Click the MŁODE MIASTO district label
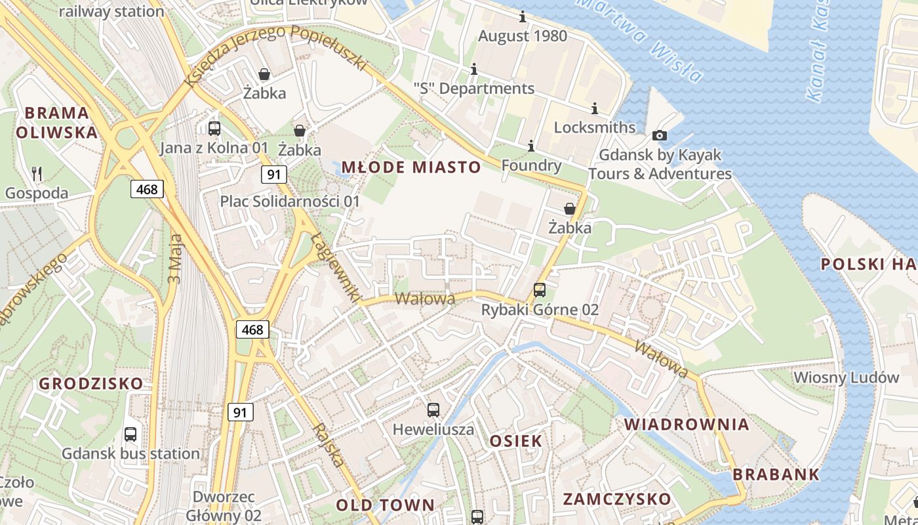(x=411, y=167)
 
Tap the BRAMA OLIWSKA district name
(x=56, y=123)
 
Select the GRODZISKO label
(x=91, y=383)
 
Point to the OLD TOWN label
(x=386, y=505)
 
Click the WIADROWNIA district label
(x=687, y=424)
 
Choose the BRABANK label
(x=776, y=474)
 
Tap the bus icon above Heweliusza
(x=433, y=410)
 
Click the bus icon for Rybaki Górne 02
(x=540, y=289)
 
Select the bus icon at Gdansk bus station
(x=130, y=434)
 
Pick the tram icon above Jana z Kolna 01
(x=214, y=128)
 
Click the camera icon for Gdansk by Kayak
(x=660, y=135)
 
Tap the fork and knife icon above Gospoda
(x=37, y=173)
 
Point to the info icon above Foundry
(x=531, y=145)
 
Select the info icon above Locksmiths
(x=595, y=108)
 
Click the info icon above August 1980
(x=523, y=16)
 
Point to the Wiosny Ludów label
(x=846, y=377)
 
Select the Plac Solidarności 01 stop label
(x=290, y=201)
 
